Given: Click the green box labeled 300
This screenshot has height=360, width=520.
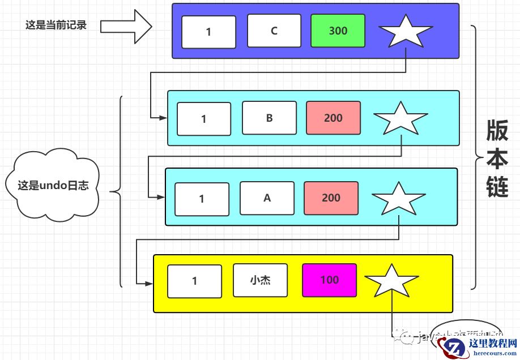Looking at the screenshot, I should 338,31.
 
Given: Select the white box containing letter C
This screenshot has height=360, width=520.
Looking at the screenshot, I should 274,31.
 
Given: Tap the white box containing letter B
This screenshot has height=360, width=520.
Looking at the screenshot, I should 269,118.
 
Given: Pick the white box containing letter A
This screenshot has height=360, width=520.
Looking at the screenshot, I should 267,198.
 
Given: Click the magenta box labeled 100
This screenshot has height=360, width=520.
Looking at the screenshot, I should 329,280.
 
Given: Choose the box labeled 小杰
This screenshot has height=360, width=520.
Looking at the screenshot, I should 260,280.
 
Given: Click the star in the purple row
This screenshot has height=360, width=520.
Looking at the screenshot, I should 405,32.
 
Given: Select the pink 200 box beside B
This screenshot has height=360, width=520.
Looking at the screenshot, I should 333,118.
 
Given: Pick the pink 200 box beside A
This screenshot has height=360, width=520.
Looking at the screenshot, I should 331,198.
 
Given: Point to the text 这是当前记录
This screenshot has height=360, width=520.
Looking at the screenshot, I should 56,25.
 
